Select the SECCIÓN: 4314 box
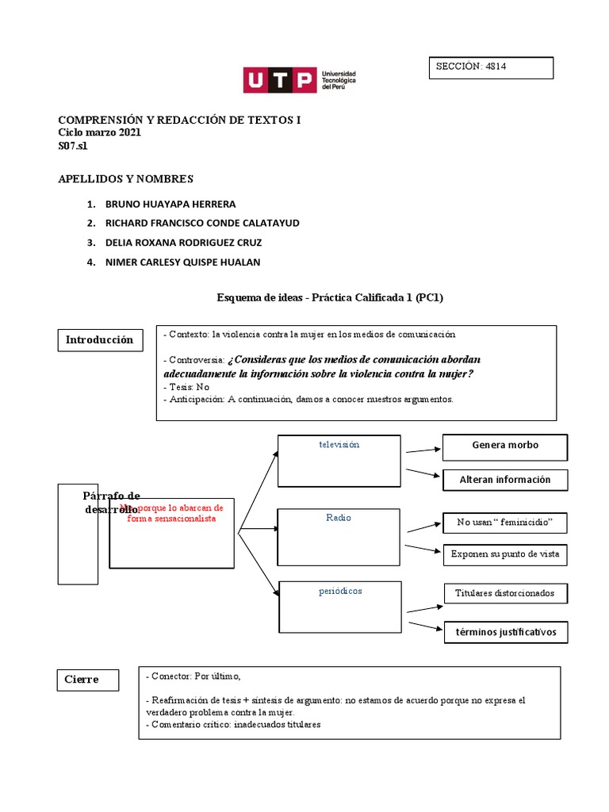pos(490,68)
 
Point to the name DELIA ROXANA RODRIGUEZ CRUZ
pos(183,243)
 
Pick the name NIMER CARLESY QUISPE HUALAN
pos(182,262)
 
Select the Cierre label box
pos(90,680)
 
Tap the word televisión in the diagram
pos(339,445)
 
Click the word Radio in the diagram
pos(339,518)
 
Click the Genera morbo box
pos(505,446)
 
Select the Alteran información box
pos(505,480)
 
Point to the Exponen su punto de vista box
pos(505,554)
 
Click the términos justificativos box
pos(505,632)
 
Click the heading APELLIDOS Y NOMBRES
pos(126,179)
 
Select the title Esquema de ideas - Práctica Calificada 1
pos(330,297)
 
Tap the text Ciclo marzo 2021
pos(100,133)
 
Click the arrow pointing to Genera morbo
pos(423,450)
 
